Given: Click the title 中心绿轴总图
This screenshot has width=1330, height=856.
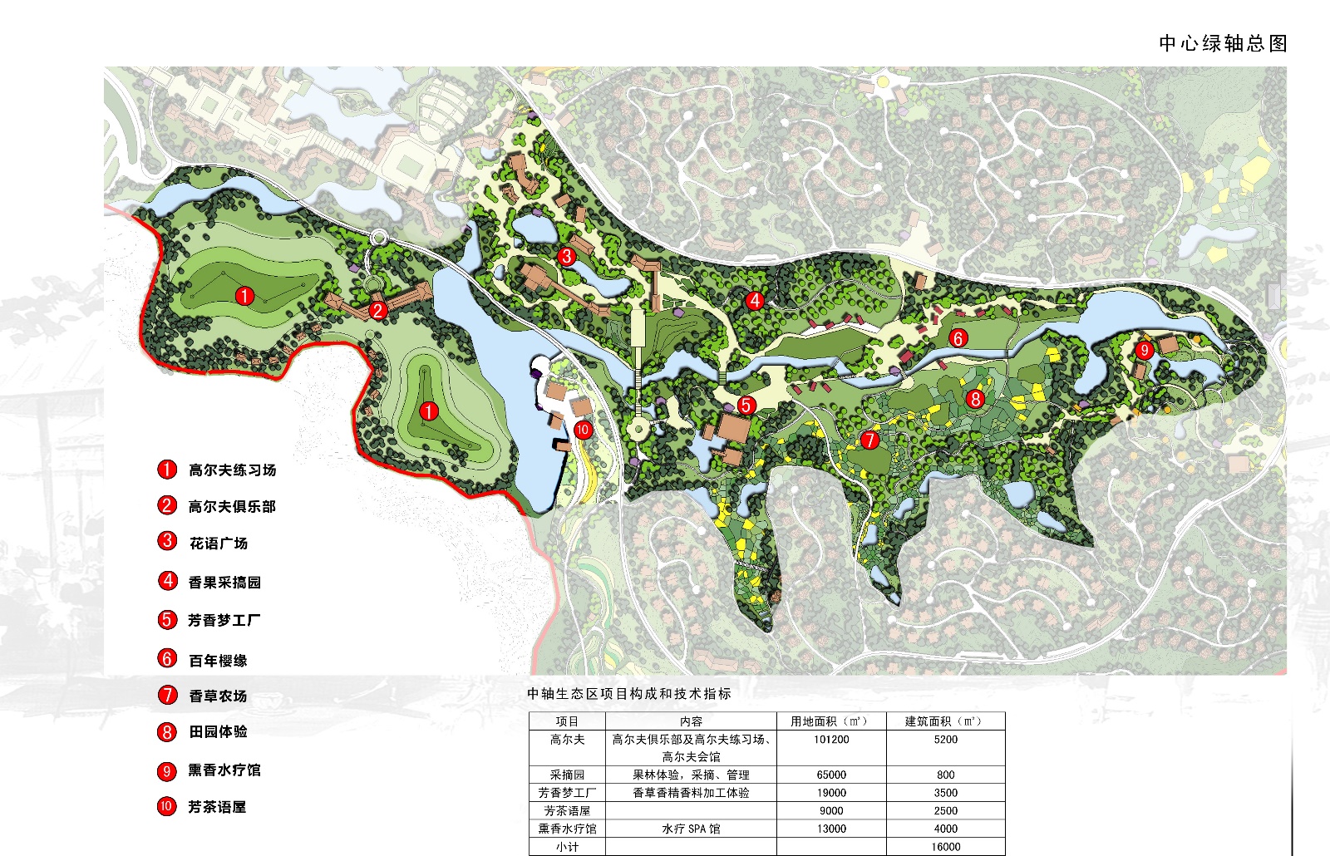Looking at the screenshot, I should [x=1223, y=43].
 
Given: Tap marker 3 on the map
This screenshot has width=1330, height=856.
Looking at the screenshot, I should [x=567, y=256].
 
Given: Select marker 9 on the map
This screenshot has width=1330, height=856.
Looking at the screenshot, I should [x=1144, y=350].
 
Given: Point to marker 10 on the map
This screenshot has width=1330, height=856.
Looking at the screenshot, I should [x=583, y=430].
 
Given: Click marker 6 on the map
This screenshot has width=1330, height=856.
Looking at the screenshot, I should [x=958, y=337].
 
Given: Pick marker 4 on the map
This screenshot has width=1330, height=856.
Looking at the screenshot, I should [x=755, y=300].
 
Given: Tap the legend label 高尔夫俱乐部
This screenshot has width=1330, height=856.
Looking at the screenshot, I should [x=232, y=506].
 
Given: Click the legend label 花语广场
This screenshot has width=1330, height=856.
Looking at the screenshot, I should [x=219, y=544].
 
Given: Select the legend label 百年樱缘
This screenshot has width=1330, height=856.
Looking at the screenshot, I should [x=218, y=661].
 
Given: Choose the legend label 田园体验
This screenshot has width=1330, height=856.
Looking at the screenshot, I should [x=218, y=731].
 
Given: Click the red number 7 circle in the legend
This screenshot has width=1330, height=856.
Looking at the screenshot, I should [x=167, y=695].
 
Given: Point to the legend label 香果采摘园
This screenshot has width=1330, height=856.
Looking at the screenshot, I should [x=224, y=582].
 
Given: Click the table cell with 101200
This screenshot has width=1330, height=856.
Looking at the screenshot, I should [x=831, y=740].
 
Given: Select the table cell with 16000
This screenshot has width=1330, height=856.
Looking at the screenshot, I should [x=945, y=847].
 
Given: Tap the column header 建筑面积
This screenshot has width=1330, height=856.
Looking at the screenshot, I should [x=944, y=721].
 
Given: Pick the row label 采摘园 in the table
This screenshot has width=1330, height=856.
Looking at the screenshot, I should [x=567, y=775].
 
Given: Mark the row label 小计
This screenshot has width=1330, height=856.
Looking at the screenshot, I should [x=567, y=847].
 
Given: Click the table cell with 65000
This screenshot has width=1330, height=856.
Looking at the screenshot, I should [x=831, y=775].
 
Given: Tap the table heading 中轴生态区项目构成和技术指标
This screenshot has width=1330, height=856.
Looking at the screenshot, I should [x=629, y=694].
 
